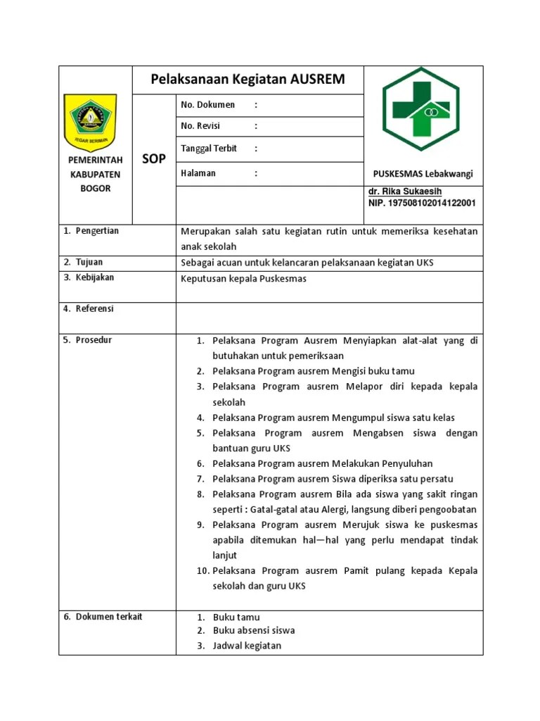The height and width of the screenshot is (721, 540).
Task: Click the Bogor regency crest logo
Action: (91, 120)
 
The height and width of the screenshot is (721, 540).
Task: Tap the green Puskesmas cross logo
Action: (420, 108)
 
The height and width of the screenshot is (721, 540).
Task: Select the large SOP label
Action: (154, 159)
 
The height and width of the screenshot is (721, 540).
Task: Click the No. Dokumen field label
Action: (207, 105)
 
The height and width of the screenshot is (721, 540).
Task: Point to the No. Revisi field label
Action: (200, 126)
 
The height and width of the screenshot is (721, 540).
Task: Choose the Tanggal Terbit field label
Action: (209, 149)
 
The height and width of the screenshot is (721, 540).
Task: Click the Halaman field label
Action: (198, 173)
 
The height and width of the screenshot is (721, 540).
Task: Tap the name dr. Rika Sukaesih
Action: (405, 192)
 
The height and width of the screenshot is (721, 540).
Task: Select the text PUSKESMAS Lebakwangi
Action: (423, 174)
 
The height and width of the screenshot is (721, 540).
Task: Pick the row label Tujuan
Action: (89, 262)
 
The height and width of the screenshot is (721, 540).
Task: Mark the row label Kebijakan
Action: (95, 277)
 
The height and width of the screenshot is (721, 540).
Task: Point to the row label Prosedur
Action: (94, 340)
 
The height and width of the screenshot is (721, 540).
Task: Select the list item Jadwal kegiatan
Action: (247, 646)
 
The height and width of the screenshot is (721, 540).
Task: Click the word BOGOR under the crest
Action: (96, 189)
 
